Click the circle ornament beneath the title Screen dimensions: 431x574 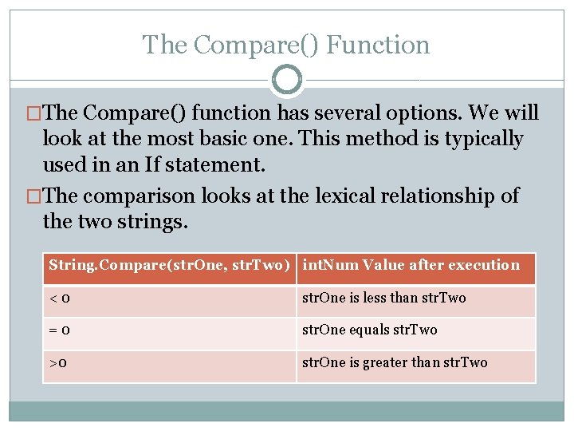coord(287,80)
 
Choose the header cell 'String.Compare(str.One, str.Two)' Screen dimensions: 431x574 coord(168,266)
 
